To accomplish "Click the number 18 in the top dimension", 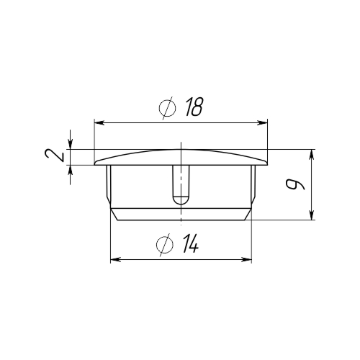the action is point(194,107).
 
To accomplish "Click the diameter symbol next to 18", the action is point(167,108).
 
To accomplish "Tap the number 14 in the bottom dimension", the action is point(190,243).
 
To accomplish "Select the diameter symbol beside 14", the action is point(165,245).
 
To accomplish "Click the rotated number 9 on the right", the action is point(295,184).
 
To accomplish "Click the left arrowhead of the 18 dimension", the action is point(99,123).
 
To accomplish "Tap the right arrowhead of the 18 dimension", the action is point(262,123).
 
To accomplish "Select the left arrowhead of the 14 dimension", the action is point(115,259).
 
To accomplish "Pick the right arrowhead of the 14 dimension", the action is point(247,259).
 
